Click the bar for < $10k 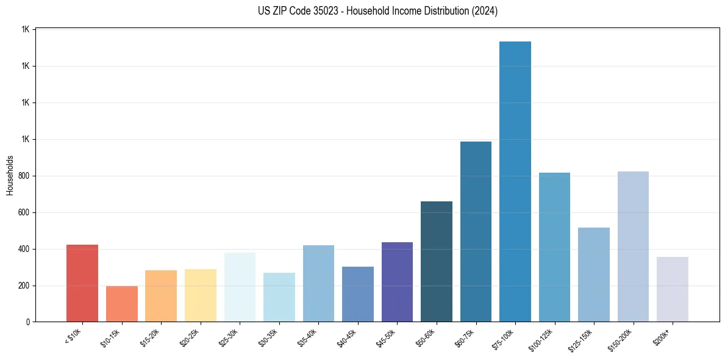pyautogui.click(x=82, y=283)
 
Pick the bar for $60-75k pyautogui.click(x=476, y=232)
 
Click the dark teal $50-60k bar pyautogui.click(x=437, y=262)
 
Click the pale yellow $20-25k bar pyautogui.click(x=201, y=295)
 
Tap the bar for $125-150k pyautogui.click(x=594, y=275)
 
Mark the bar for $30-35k pyautogui.click(x=279, y=297)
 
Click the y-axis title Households pyautogui.click(x=10, y=175)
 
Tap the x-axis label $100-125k pyautogui.click(x=549, y=338)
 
